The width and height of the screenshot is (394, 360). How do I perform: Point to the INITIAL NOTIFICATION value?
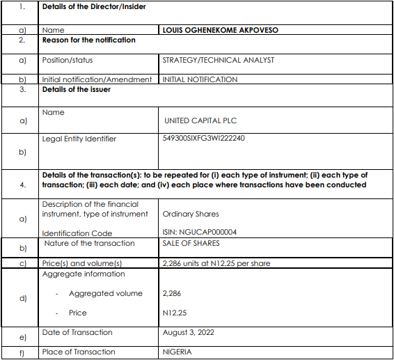[200, 79]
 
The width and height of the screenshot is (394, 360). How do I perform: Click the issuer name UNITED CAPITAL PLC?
[200, 120]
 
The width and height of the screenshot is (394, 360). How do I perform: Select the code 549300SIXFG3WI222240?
[203, 138]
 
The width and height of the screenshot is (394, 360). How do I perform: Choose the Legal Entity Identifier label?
[79, 139]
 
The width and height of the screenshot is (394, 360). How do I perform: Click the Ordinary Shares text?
[189, 214]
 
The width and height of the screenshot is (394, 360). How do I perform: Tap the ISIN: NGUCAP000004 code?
[199, 233]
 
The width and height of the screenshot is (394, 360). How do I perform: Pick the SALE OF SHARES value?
[191, 243]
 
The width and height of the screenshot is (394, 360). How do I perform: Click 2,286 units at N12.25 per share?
[216, 263]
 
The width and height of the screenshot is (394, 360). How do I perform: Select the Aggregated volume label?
[106, 293]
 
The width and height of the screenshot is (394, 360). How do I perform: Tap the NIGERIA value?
[177, 352]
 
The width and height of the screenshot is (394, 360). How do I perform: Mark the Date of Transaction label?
[77, 332]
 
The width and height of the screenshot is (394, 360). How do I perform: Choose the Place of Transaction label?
[79, 352]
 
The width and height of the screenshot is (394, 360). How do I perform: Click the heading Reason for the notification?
[88, 40]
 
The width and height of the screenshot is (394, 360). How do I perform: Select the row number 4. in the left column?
[22, 185]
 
